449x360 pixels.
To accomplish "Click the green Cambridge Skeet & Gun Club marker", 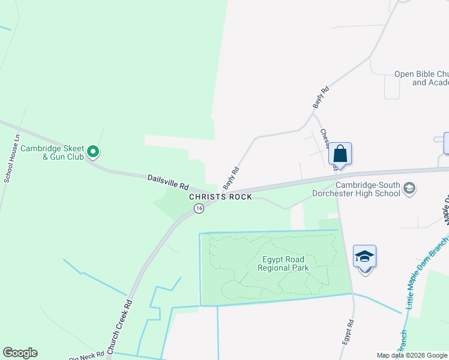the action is click(93, 152).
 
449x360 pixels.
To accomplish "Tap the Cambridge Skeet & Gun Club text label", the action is click(51, 152).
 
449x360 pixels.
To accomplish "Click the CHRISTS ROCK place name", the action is click(221, 197).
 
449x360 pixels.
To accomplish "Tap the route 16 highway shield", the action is click(199, 208).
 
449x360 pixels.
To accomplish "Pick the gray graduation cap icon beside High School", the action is click(409, 189).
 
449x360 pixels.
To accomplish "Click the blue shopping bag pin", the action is click(340, 154).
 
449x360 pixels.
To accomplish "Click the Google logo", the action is click(20, 353).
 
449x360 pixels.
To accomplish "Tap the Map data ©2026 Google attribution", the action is click(412, 355).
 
